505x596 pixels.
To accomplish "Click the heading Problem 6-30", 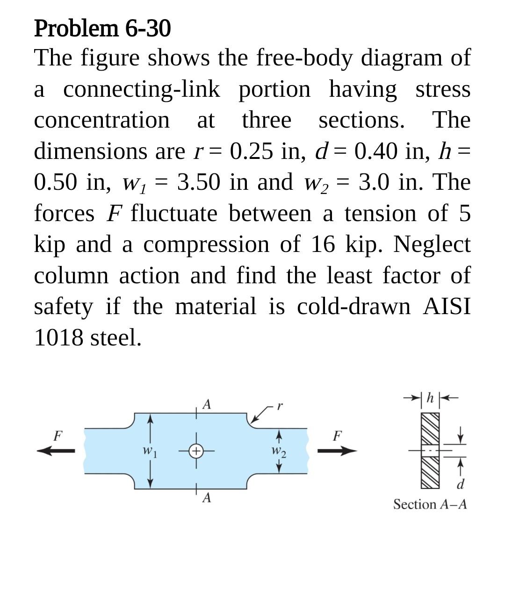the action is pyautogui.click(x=102, y=29).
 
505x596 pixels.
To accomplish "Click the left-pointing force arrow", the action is pyautogui.click(x=56, y=451).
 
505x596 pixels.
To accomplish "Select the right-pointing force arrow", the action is pyautogui.click(x=337, y=451).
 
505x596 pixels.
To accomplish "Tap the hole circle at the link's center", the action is pyautogui.click(x=197, y=451).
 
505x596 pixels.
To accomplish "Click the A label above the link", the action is pyautogui.click(x=206, y=404).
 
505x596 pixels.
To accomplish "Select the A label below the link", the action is pyautogui.click(x=206, y=498).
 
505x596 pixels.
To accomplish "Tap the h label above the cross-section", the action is pyautogui.click(x=431, y=398).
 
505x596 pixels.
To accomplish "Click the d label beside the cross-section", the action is pyautogui.click(x=461, y=484).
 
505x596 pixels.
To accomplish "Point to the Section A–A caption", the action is pyautogui.click(x=430, y=504).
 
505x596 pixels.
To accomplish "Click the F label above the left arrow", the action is pyautogui.click(x=57, y=436).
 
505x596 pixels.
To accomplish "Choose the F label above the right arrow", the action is pyautogui.click(x=337, y=436).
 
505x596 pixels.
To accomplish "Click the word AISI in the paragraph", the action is pyautogui.click(x=447, y=306).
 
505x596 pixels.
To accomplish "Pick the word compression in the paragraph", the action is pyautogui.click(x=206, y=244).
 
